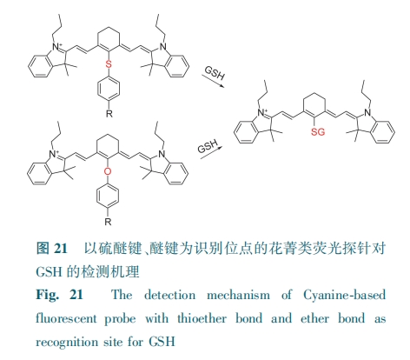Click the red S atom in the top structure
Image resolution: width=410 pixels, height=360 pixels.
[x=109, y=63]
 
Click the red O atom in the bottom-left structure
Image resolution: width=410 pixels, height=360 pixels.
[x=108, y=171]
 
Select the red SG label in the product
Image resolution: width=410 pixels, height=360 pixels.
[x=318, y=132]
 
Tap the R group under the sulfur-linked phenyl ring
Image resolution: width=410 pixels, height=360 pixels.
[x=109, y=113]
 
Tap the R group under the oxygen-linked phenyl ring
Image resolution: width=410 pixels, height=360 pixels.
[x=108, y=222]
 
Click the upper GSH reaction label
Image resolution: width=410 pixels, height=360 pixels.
[x=215, y=73]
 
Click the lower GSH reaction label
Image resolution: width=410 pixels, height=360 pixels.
[x=208, y=146]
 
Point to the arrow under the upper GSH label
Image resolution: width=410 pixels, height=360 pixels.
[x=213, y=81]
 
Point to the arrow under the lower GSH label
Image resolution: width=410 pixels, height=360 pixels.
[x=212, y=153]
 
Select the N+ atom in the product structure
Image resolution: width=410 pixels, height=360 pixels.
[x=262, y=112]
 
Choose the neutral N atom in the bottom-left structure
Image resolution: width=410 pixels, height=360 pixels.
[x=162, y=154]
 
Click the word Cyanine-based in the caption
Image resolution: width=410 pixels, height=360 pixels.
[x=344, y=295]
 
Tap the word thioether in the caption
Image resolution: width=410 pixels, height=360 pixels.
[x=202, y=318]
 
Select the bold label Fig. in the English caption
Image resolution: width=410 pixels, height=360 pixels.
[x=48, y=295]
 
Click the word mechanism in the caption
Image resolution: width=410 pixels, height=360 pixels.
[x=238, y=295]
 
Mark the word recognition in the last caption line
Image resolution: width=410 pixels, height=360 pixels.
[x=67, y=342]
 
